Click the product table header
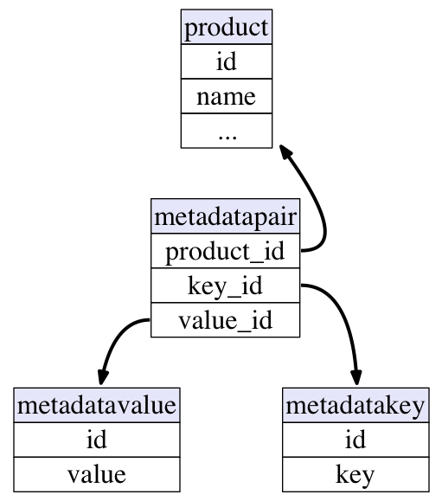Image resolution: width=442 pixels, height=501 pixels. (x=227, y=27)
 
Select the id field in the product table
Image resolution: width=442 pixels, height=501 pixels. (x=227, y=61)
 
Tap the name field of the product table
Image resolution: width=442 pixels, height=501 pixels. (x=227, y=96)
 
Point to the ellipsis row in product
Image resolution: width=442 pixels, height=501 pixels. (x=227, y=131)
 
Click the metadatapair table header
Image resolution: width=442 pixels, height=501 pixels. (x=225, y=216)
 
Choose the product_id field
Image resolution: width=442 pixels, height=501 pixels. (x=225, y=251)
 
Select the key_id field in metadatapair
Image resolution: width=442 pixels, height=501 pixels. (x=225, y=286)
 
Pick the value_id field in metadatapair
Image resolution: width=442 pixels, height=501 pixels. (x=225, y=320)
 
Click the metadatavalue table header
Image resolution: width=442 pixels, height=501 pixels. (x=97, y=406)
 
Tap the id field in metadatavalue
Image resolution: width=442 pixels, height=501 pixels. (x=97, y=440)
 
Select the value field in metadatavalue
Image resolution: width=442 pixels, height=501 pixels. (x=97, y=474)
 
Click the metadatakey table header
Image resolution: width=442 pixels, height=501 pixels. (x=356, y=406)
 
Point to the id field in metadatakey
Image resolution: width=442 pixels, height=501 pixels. (x=356, y=440)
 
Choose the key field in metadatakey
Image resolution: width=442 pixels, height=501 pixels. (x=356, y=474)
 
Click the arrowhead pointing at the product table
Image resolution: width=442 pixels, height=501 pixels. (x=285, y=152)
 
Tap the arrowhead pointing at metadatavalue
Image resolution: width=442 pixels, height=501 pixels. (x=103, y=377)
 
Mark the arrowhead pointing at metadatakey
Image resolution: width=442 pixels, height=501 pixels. (x=356, y=377)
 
